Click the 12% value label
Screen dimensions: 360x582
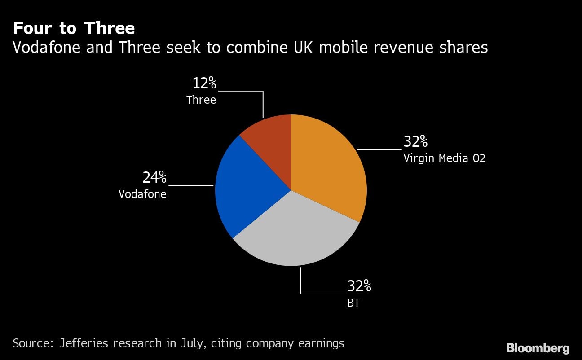(204, 83)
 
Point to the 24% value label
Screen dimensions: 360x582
(154, 178)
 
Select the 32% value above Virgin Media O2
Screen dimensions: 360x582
(415, 142)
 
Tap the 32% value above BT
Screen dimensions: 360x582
(359, 286)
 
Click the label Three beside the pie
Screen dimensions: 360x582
(201, 100)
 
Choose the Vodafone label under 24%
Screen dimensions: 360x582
(142, 194)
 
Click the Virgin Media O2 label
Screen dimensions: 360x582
(444, 158)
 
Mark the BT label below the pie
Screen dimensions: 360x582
(353, 303)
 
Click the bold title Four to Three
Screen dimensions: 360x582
(74, 29)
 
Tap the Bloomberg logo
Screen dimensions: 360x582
(538, 348)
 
